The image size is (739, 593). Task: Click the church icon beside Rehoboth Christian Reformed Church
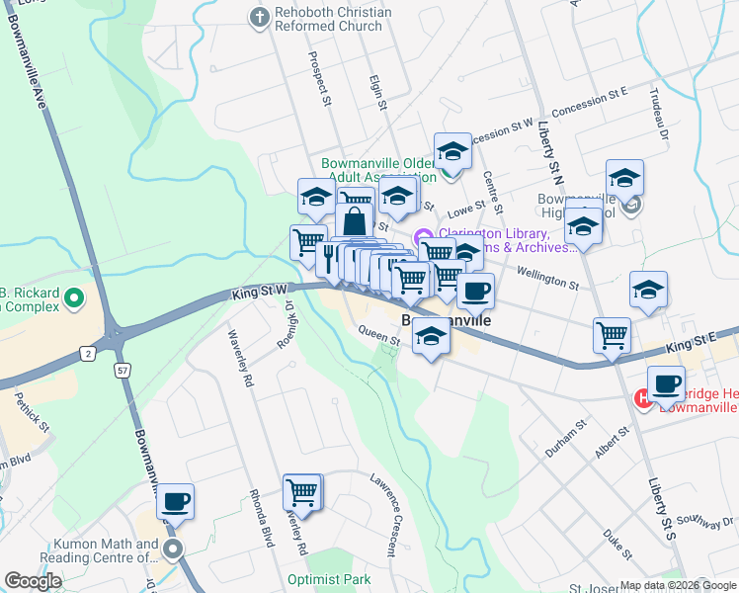pos(260,17)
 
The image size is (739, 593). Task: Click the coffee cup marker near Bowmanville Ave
pos(175,502)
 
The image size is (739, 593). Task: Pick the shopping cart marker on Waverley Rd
pos(302,491)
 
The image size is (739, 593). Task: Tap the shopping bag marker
pos(354,222)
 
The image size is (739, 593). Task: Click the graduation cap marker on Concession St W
pos(452,151)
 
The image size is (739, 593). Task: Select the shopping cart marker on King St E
pos(612,335)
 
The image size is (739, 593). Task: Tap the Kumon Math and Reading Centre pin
pos(174,549)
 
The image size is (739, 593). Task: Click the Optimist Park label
pos(329,579)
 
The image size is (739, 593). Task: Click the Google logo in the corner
pos(34,581)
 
